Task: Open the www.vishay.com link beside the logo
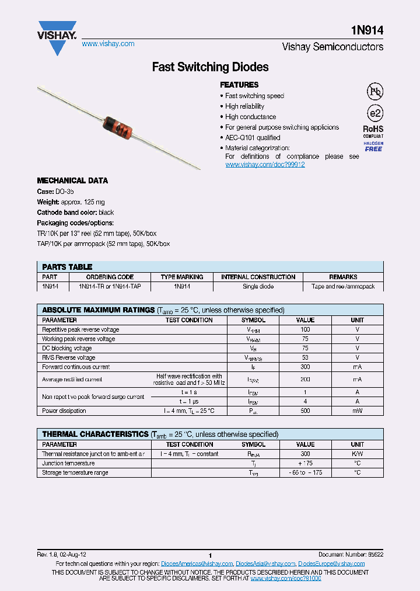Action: (x=108, y=44)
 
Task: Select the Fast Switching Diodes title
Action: (x=210, y=67)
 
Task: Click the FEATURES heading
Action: (x=239, y=85)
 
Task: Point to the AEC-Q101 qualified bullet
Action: (x=253, y=138)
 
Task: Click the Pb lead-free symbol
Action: (x=374, y=92)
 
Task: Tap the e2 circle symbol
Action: (x=374, y=113)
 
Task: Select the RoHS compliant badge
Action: (x=373, y=131)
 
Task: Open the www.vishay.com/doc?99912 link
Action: (x=265, y=165)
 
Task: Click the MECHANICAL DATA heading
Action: (x=72, y=181)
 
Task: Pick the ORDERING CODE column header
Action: (x=110, y=277)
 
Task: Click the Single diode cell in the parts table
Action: (x=258, y=287)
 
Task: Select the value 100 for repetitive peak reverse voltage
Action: (x=305, y=329)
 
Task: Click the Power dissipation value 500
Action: (x=305, y=411)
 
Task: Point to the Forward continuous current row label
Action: (x=76, y=367)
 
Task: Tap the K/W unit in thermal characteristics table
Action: (x=357, y=454)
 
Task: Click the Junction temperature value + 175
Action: (x=305, y=463)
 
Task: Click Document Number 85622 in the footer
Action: (x=351, y=554)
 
